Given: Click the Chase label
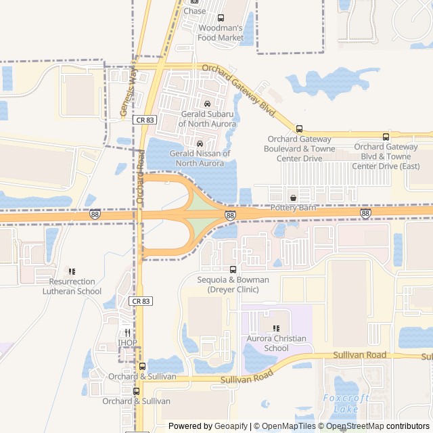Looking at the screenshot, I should (195, 11).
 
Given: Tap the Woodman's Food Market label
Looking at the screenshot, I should (221, 32).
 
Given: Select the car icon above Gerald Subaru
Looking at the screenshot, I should (207, 104).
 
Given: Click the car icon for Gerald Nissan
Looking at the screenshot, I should (200, 143).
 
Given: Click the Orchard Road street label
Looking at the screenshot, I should (141, 177).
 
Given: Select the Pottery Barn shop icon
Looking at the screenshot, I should (293, 198).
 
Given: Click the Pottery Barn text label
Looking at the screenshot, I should (293, 208).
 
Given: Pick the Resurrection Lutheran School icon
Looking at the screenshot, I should (72, 271).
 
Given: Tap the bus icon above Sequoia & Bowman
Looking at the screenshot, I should (233, 269).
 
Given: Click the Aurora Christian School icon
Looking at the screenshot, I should (276, 329).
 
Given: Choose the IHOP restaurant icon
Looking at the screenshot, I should (127, 333).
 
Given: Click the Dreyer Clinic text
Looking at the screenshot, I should (233, 290).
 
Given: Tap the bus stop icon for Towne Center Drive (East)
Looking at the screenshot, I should (386, 137).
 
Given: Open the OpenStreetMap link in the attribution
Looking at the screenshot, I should (386, 426).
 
